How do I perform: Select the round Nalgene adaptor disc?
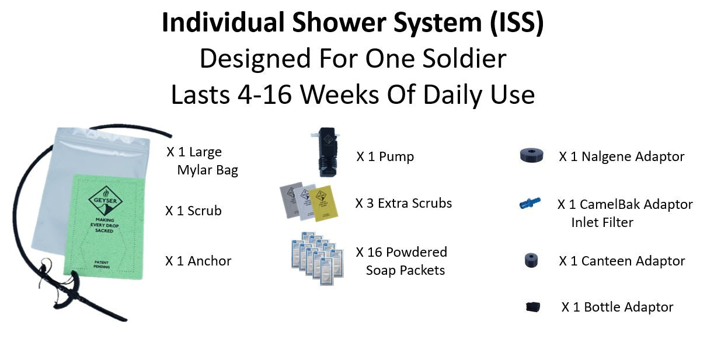coord(531,156)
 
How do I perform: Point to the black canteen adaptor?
coord(531,260)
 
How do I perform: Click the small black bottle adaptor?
coord(532,307)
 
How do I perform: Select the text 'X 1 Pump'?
coord(385,157)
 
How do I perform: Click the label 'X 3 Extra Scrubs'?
coord(403,204)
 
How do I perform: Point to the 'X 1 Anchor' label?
coord(198,261)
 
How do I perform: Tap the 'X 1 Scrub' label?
coord(193,211)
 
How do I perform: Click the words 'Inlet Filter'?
coord(602,222)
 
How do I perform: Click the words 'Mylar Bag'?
coord(207,170)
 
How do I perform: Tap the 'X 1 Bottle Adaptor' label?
coord(617,307)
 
